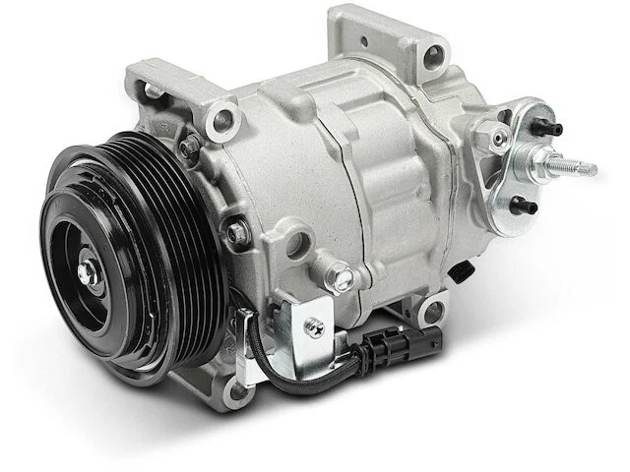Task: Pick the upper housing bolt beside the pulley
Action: coord(188,147)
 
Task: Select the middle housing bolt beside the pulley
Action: coord(236,232)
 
